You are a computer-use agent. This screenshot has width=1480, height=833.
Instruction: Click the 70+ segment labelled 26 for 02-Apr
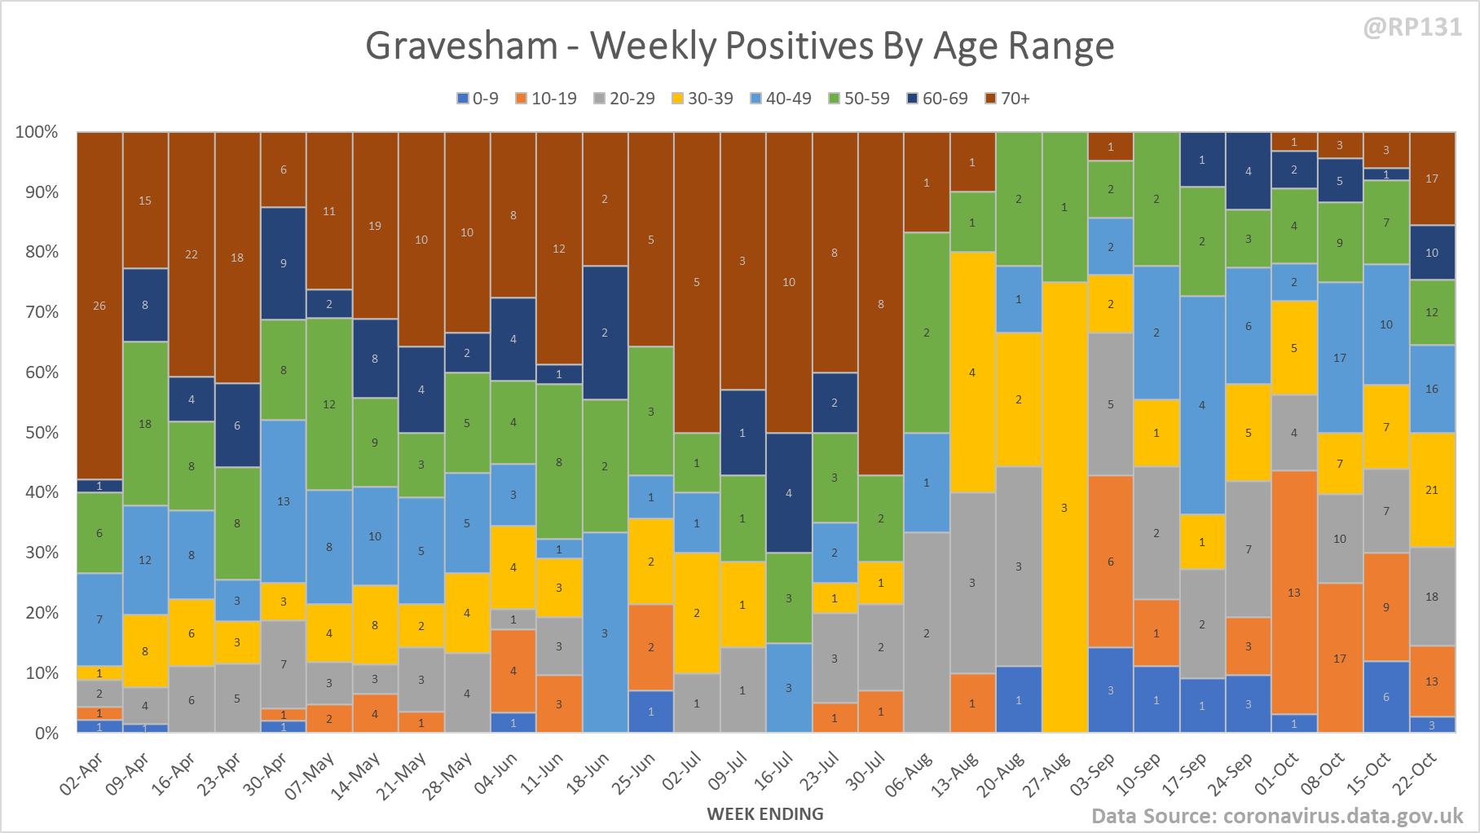tap(99, 306)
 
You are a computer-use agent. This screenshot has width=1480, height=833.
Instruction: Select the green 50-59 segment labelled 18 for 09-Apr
tap(145, 424)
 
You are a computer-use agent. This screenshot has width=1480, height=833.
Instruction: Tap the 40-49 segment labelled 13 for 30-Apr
tap(284, 501)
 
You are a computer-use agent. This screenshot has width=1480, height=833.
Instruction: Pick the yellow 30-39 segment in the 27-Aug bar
tap(1064, 507)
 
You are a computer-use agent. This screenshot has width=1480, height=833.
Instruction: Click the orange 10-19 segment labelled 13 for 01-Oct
tap(1294, 593)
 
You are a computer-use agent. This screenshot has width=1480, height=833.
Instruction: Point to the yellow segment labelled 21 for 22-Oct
tap(1432, 490)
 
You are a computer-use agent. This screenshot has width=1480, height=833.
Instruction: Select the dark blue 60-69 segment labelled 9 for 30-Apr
tap(284, 263)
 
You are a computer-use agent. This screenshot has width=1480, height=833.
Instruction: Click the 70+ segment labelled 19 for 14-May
tap(375, 226)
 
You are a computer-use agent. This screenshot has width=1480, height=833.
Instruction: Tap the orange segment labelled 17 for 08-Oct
tap(1340, 658)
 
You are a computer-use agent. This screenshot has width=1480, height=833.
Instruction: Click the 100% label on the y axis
tap(37, 132)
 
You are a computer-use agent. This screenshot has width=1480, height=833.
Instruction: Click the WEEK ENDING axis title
tap(765, 813)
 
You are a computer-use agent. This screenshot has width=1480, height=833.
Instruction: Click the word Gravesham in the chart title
tap(461, 46)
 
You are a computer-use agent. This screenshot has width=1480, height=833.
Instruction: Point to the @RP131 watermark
tap(1412, 28)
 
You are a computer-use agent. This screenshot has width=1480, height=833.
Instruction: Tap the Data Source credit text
tap(1277, 816)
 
